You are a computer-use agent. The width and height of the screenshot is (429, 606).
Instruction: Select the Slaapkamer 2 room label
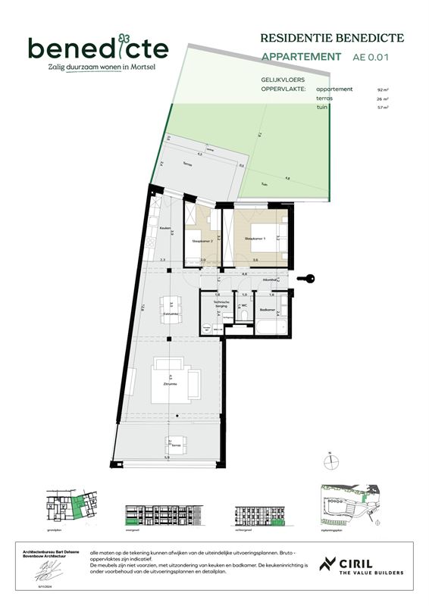point(199,242)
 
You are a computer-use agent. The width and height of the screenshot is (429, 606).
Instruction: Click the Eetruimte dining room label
point(171,312)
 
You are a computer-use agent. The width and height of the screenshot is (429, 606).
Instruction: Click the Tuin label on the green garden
point(263,185)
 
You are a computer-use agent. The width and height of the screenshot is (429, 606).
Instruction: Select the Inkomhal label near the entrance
point(270,280)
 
